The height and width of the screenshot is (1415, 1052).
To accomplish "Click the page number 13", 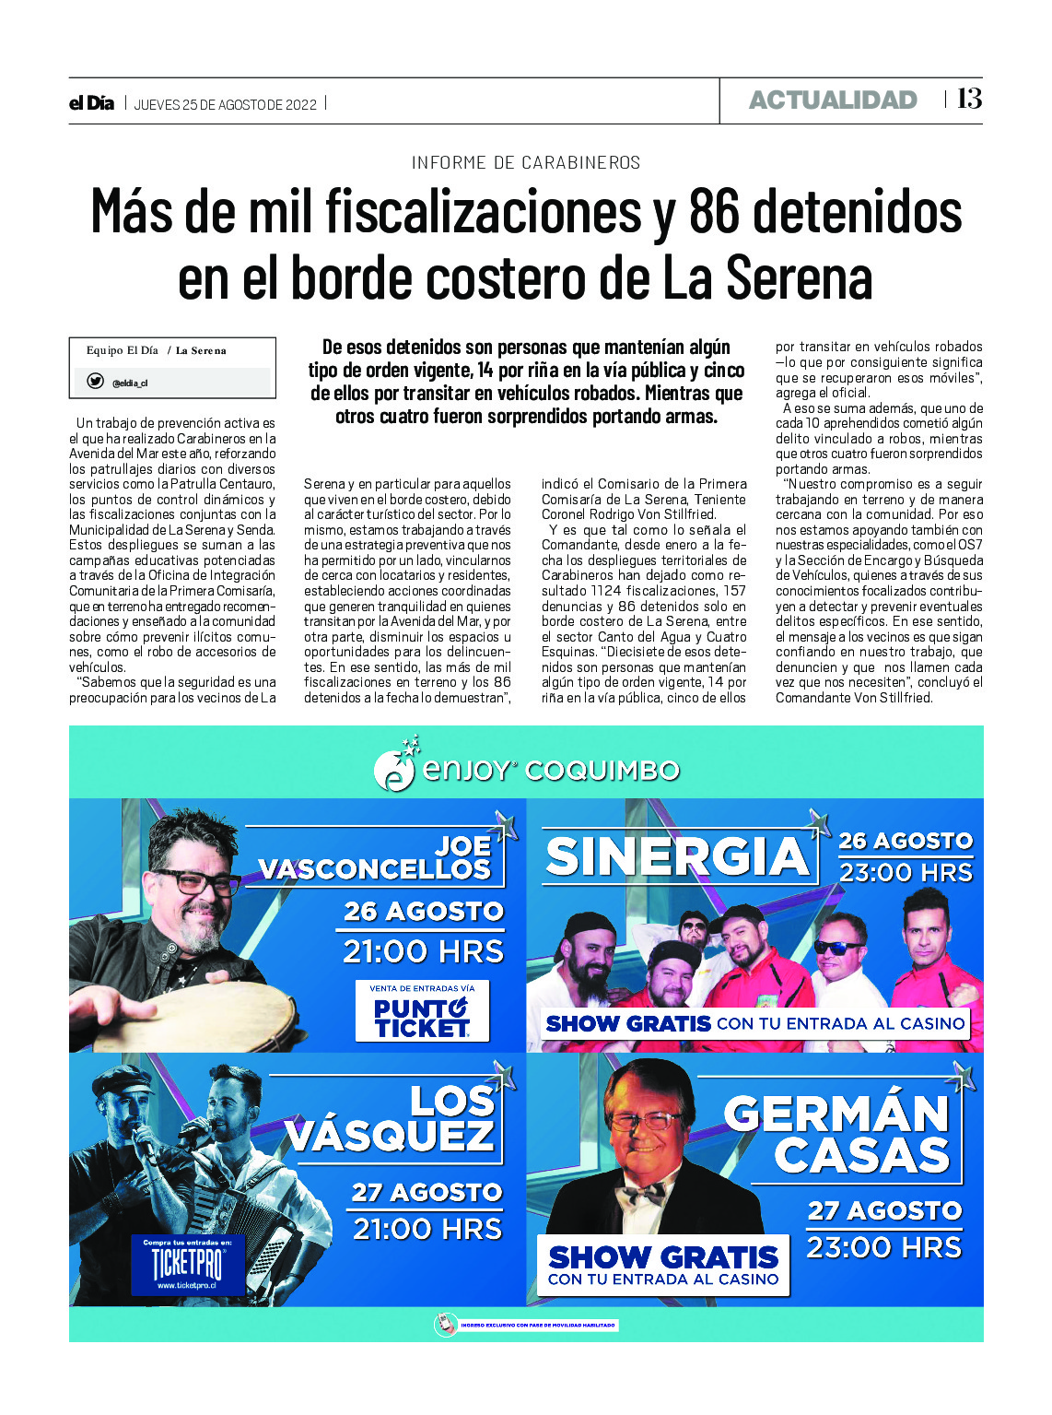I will coord(969,99).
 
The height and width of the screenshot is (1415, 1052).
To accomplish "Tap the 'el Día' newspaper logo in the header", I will coord(91,103).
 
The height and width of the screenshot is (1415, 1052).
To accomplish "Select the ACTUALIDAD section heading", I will coord(833,100).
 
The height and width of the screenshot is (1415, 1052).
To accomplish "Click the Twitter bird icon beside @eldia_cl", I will coord(95,382).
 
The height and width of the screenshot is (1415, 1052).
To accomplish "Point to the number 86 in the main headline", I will coord(714,212).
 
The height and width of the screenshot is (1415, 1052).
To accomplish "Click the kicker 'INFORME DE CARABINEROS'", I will coord(525,163).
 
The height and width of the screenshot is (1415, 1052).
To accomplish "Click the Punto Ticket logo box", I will coord(422,1011).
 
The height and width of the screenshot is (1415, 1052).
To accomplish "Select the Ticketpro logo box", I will coord(187,1265).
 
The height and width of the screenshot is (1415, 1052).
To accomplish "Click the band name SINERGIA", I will coord(677,857).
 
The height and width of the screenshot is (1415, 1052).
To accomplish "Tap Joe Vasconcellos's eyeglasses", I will coord(196,882).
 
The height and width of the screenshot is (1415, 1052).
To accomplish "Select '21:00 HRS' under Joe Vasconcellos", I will coord(423,951).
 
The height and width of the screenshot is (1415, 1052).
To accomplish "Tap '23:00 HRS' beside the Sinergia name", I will coord(906,872).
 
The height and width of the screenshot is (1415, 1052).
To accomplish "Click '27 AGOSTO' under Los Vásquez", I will coord(427,1192).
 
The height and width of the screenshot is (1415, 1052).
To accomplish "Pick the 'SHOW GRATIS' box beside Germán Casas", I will coord(663,1265).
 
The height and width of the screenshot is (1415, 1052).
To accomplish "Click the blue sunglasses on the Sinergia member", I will coord(839,948).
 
